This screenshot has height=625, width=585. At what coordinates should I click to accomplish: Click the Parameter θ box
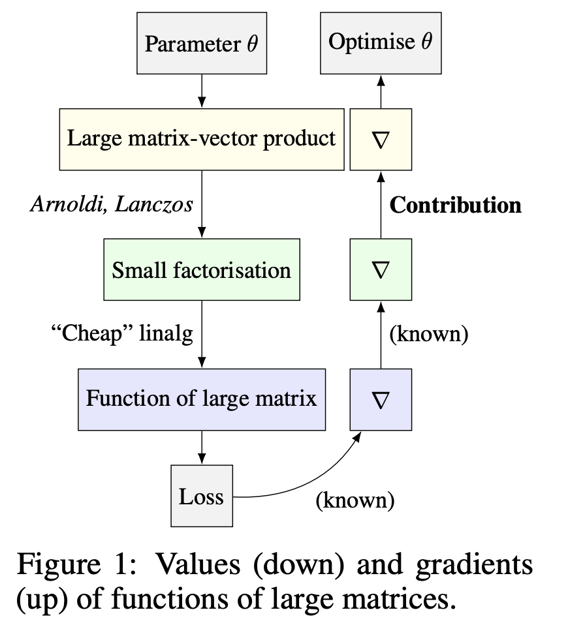click(202, 43)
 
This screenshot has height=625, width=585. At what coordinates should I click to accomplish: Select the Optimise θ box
click(381, 43)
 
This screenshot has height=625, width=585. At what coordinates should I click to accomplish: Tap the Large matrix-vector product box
click(202, 139)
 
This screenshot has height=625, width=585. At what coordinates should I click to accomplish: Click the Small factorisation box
click(202, 269)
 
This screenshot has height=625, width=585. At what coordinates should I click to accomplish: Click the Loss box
click(202, 496)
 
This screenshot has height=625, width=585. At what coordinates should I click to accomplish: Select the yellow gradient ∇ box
click(381, 139)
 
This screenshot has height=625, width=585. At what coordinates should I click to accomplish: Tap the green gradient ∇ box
click(381, 269)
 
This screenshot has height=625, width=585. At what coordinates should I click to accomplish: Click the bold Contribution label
click(455, 205)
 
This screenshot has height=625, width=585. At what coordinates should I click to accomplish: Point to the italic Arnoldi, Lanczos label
click(112, 204)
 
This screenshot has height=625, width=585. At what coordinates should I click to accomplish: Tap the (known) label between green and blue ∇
click(429, 334)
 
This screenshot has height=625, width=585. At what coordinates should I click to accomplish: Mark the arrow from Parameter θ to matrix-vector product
click(202, 91)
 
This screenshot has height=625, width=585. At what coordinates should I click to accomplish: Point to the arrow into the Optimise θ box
click(381, 91)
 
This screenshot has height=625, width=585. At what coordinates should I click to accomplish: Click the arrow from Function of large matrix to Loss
click(202, 448)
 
